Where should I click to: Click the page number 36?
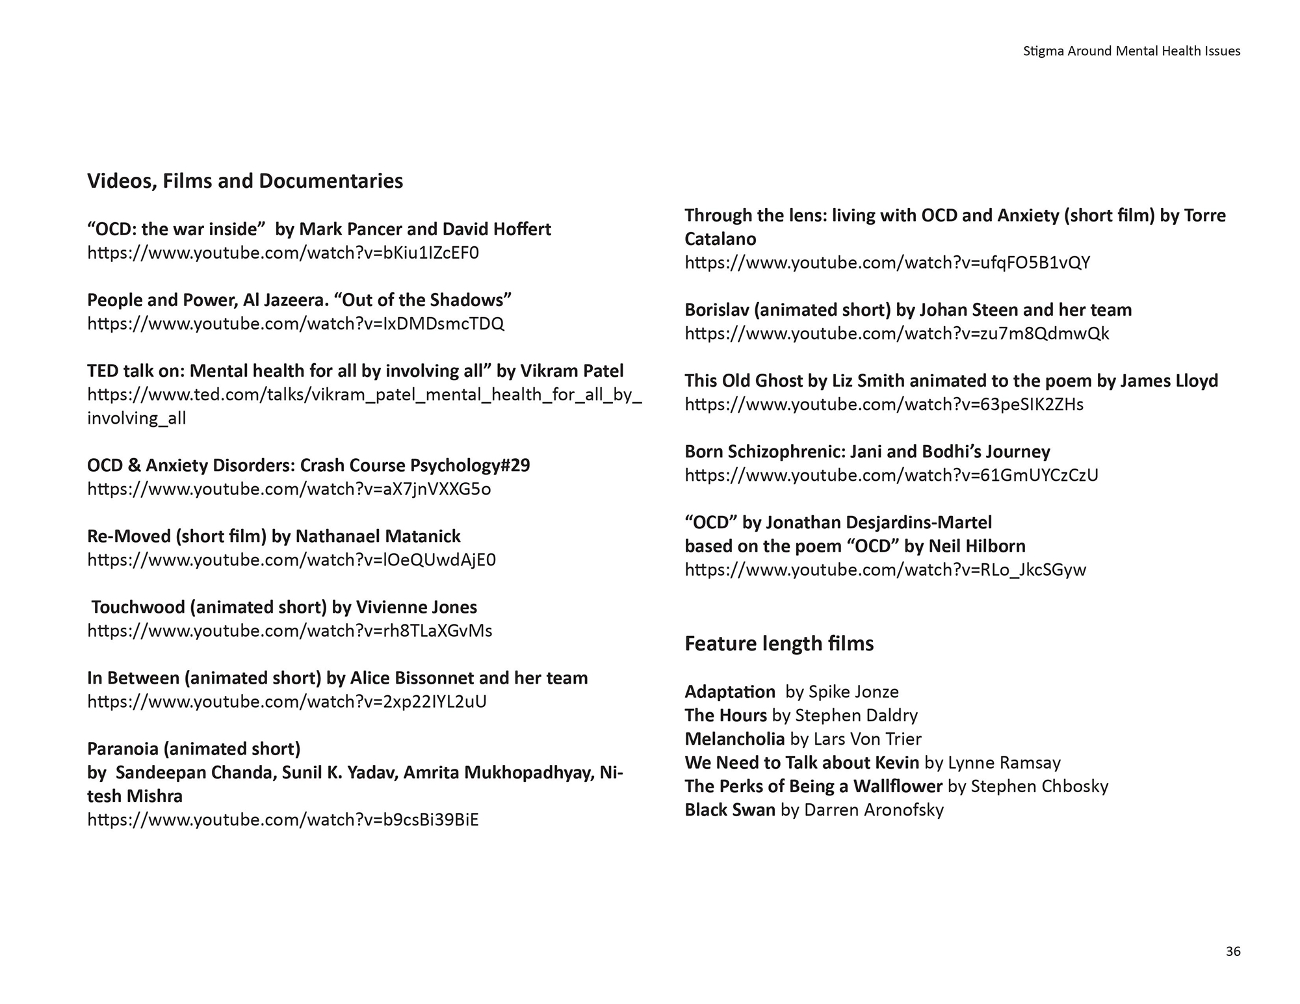pyautogui.click(x=1232, y=951)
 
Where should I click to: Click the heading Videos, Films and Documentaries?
pyautogui.click(x=245, y=181)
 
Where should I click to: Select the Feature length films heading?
pyautogui.click(x=779, y=643)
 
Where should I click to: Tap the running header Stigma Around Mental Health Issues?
pyautogui.click(x=1131, y=51)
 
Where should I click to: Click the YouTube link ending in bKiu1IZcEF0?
pyautogui.click(x=283, y=253)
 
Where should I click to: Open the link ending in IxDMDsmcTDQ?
pyautogui.click(x=296, y=324)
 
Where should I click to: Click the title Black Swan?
pyautogui.click(x=729, y=810)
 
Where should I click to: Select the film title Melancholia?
pyautogui.click(x=734, y=739)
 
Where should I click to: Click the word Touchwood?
pyautogui.click(x=138, y=607)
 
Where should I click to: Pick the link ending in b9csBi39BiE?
pyautogui.click(x=283, y=820)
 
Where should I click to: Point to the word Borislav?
pyautogui.click(x=717, y=310)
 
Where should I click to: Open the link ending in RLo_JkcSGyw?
pyautogui.click(x=885, y=570)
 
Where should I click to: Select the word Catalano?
pyautogui.click(x=720, y=239)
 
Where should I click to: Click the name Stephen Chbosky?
pyautogui.click(x=1039, y=786)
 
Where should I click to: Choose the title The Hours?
pyautogui.click(x=725, y=715)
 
